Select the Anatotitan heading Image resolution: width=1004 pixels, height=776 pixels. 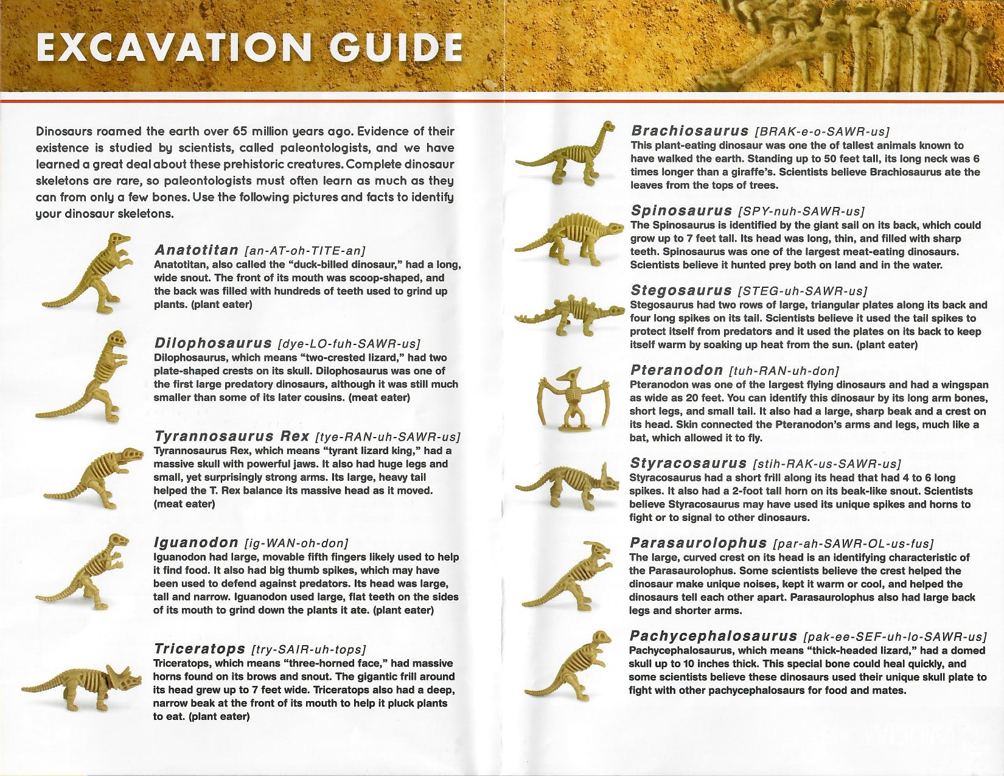(x=196, y=250)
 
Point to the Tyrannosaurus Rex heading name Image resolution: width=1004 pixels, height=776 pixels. (x=232, y=436)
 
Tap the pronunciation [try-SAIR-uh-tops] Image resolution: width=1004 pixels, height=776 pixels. (x=309, y=649)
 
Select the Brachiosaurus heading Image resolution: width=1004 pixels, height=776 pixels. (x=690, y=131)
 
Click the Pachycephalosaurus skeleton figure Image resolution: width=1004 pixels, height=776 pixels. (x=575, y=666)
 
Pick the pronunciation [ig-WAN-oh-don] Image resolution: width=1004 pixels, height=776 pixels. (x=296, y=543)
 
